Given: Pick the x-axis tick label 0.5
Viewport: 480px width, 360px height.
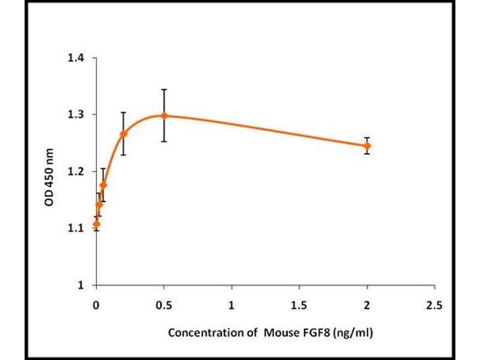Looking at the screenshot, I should (x=164, y=305).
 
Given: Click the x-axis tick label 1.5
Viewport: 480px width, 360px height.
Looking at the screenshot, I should (x=299, y=305).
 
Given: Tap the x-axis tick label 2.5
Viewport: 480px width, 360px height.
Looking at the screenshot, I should (x=434, y=305).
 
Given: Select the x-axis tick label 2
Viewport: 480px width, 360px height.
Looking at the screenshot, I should (x=367, y=305).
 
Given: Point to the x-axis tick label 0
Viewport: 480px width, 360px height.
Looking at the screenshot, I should (x=97, y=305).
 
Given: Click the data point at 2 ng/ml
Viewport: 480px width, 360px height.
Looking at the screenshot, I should (x=367, y=146).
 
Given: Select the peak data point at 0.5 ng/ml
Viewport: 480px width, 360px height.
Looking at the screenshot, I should (x=164, y=115).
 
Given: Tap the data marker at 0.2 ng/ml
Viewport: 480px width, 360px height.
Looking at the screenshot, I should (x=124, y=134).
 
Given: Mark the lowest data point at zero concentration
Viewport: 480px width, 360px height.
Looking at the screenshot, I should (x=97, y=224).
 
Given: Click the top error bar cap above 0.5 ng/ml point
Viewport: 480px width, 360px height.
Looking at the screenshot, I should (x=164, y=89).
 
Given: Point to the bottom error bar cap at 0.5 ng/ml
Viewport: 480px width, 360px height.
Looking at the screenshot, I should (x=164, y=142).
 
